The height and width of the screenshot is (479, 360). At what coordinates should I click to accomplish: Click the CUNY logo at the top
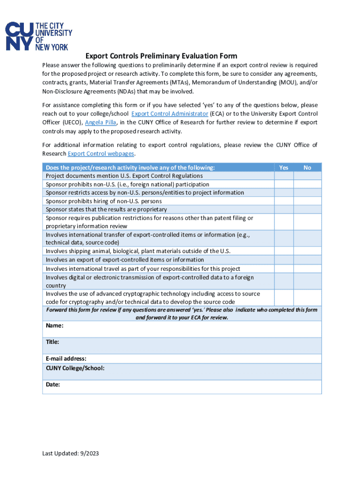[39, 36]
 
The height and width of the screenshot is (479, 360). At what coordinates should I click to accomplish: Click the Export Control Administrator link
[169, 114]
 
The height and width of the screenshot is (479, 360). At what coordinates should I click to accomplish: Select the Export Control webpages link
[101, 153]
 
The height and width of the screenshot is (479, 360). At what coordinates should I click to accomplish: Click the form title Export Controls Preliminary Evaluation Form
[161, 56]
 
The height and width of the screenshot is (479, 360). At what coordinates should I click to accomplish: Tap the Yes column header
[283, 167]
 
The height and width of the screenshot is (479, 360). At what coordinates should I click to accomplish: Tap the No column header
[307, 167]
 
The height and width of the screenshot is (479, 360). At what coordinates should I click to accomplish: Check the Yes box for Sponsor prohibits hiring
[283, 201]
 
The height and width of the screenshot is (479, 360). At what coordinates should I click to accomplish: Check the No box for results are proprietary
[307, 210]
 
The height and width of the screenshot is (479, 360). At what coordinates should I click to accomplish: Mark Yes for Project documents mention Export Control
[283, 176]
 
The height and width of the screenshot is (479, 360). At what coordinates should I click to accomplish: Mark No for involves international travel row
[307, 269]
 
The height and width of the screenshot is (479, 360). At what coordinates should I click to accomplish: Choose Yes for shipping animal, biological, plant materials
[283, 251]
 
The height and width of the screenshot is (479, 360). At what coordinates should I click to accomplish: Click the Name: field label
[55, 326]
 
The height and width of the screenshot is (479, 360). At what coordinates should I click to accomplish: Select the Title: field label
[52, 342]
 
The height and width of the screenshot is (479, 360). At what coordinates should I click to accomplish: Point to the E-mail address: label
[66, 359]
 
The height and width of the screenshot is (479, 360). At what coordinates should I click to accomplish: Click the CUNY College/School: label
[75, 368]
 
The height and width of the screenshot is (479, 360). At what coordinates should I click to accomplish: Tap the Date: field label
[53, 385]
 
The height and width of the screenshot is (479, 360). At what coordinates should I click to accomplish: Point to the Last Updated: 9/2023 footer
[71, 453]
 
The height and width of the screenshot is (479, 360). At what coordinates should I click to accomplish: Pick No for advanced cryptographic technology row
[307, 298]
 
